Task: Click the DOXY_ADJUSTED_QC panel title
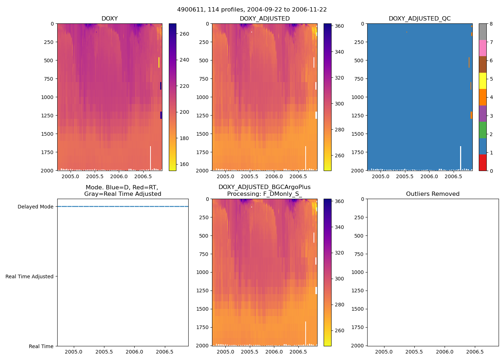coord(419,19)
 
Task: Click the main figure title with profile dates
coord(252,10)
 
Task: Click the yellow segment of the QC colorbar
coord(482,81)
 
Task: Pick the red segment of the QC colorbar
coord(482,163)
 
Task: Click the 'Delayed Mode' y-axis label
coord(35,207)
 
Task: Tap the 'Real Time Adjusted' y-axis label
coord(30,276)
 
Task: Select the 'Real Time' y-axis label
coord(41,346)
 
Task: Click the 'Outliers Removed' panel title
coord(433,194)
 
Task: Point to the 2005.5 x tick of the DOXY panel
coord(95,176)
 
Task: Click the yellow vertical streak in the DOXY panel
coord(159,62)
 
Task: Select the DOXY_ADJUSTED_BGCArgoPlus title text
coord(264,187)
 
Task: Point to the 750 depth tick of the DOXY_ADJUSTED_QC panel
coord(357,79)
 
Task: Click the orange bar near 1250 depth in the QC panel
coord(471,115)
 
